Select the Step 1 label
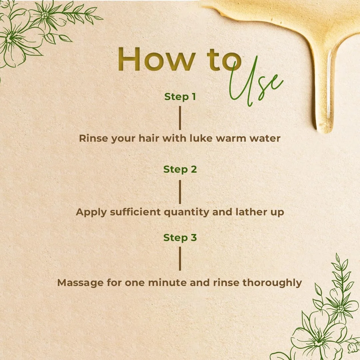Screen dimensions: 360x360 (x=180, y=97)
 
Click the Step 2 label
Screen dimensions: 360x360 (x=180, y=169)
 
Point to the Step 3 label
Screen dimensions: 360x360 (x=180, y=238)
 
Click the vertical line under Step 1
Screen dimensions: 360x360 (x=180, y=118)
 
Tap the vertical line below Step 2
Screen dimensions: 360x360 (x=180, y=192)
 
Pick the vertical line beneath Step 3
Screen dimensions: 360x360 (x=180, y=259)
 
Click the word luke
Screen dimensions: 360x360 (x=197, y=138)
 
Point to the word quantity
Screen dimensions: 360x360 (x=187, y=212)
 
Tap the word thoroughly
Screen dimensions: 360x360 (x=272, y=283)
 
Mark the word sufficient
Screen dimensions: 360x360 (x=135, y=212)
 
